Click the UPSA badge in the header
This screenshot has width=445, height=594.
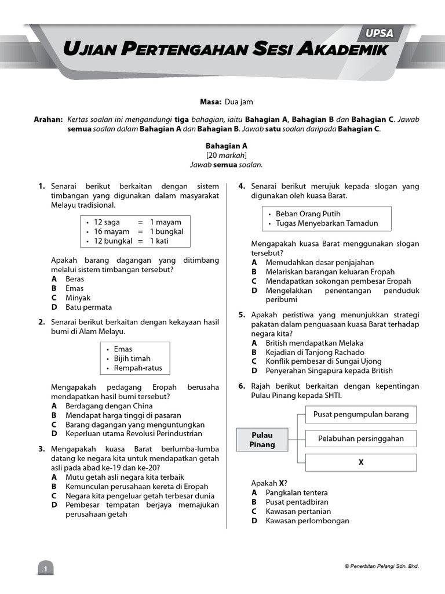click(380, 34)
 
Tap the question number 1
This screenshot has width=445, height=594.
click(42, 187)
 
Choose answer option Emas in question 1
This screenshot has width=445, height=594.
click(74, 288)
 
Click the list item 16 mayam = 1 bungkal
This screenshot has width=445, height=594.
click(138, 231)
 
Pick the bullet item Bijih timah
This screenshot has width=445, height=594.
click(132, 358)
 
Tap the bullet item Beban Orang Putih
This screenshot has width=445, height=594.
click(308, 214)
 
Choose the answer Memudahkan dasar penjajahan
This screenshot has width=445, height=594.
click(319, 262)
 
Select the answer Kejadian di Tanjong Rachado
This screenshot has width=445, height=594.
click(315, 352)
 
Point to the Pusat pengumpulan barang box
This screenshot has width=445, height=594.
click(360, 414)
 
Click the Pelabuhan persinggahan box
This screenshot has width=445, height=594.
click(360, 439)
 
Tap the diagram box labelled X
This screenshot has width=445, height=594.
click(360, 462)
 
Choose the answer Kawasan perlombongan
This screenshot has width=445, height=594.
click(307, 520)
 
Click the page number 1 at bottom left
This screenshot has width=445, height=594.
click(45, 569)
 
